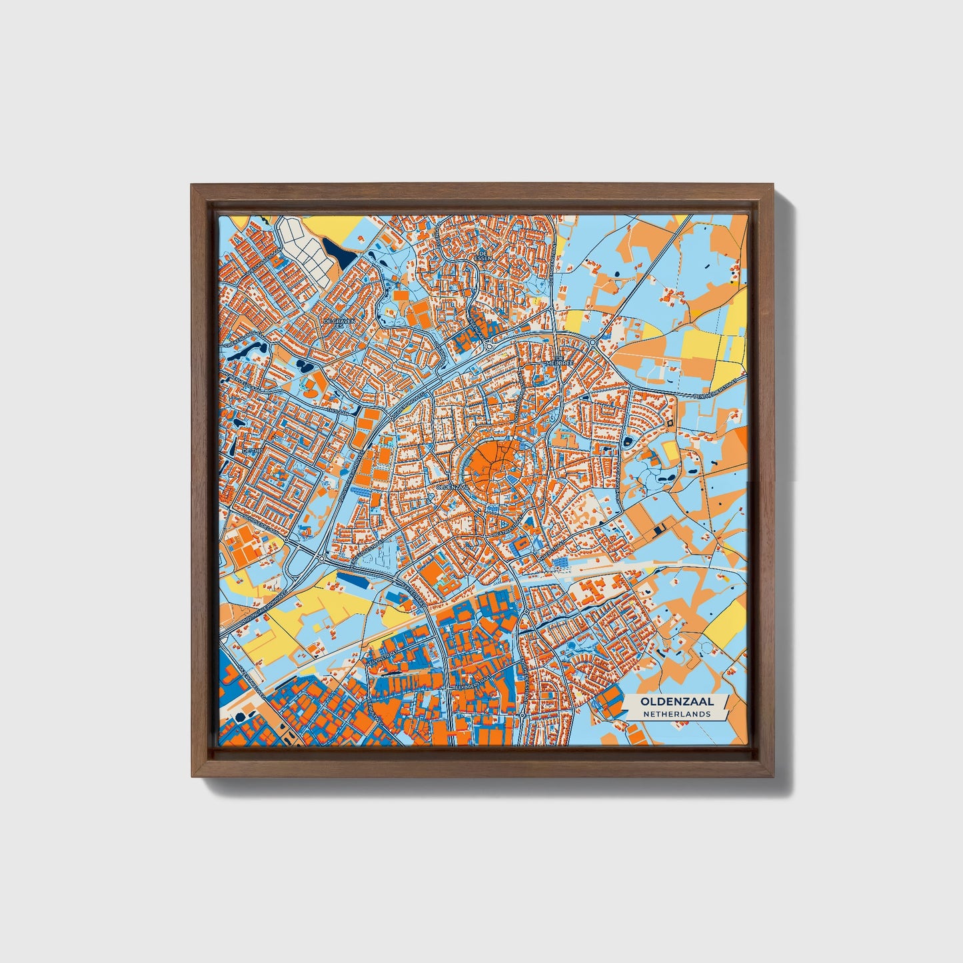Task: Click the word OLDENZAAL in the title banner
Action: pyautogui.click(x=677, y=701)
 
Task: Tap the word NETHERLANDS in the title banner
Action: pyautogui.click(x=677, y=714)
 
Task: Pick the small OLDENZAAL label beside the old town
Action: pyautogui.click(x=449, y=486)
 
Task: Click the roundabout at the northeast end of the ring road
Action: pyautogui.click(x=592, y=343)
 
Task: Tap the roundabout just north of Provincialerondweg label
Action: pyautogui.click(x=321, y=557)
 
